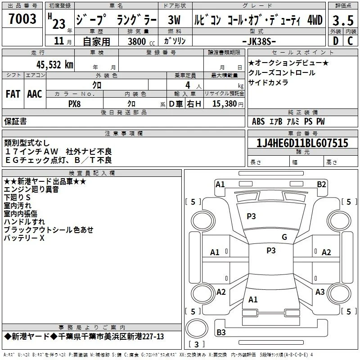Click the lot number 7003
tap(22, 19)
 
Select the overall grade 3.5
tap(343, 21)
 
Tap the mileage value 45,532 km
tap(54, 65)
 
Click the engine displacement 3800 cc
tap(141, 41)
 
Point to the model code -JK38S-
tap(259, 41)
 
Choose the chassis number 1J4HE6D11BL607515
tap(302, 143)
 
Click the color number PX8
tap(75, 104)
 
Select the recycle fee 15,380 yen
tap(228, 104)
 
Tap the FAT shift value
tap(13, 94)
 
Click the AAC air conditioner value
tap(35, 94)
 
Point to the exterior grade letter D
tap(336, 41)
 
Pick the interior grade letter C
tap(351, 41)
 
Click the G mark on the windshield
tap(284, 237)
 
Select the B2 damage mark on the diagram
tap(321, 184)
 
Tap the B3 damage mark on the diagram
tap(221, 332)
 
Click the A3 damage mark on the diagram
tap(320, 292)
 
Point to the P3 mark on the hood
tap(251, 216)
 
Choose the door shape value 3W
tap(174, 20)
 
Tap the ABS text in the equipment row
tap(258, 121)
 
